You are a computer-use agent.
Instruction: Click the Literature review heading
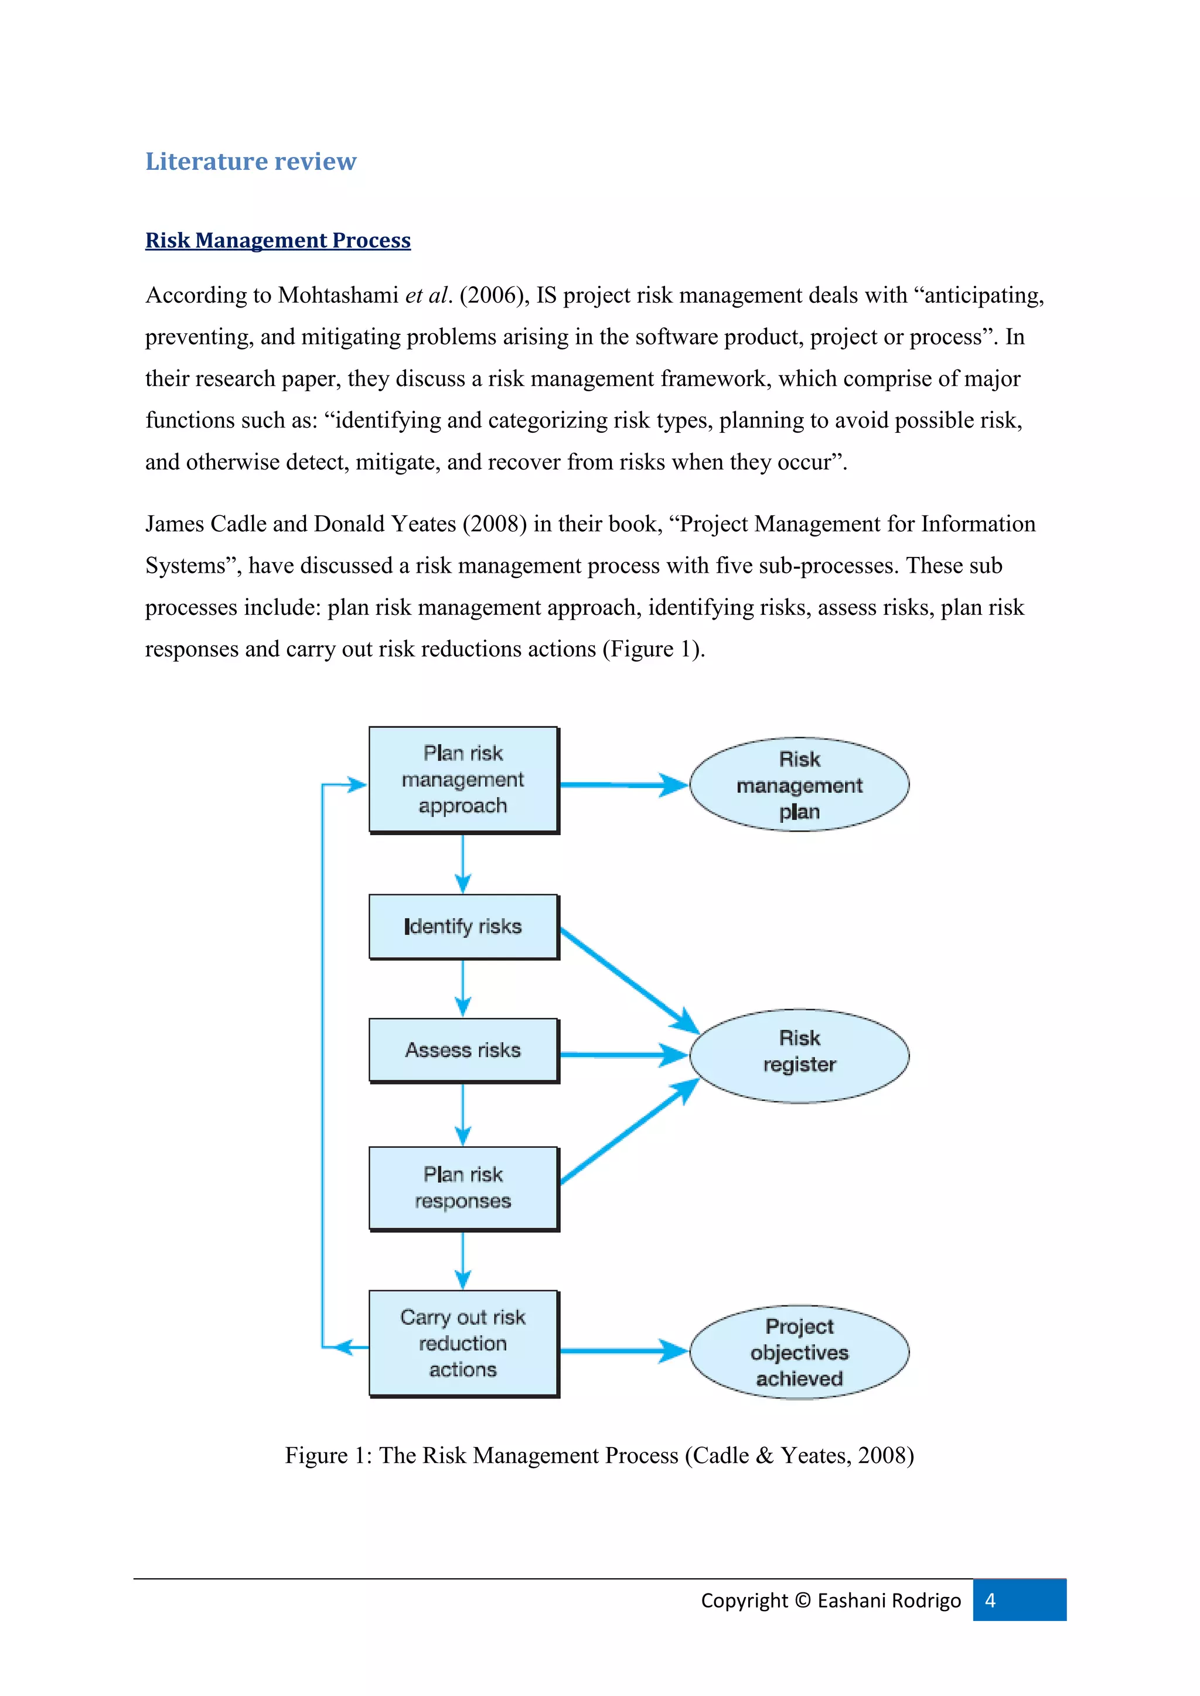point(251,161)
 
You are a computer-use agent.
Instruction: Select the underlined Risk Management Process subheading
point(278,240)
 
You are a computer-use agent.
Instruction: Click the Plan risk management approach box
point(463,779)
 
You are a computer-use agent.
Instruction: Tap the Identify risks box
point(463,926)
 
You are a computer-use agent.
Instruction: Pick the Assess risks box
point(463,1049)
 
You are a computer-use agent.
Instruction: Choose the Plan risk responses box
point(463,1187)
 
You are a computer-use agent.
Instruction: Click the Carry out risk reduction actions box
point(463,1342)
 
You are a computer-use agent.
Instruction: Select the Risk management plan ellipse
point(799,785)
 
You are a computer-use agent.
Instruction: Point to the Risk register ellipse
point(799,1055)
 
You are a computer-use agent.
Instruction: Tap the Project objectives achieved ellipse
point(799,1352)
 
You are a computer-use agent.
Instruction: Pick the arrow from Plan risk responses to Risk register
point(628,1133)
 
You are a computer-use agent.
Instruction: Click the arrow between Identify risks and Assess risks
point(463,989)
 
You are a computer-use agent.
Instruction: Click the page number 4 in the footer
point(991,1600)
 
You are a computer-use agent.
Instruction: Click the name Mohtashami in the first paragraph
point(339,296)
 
